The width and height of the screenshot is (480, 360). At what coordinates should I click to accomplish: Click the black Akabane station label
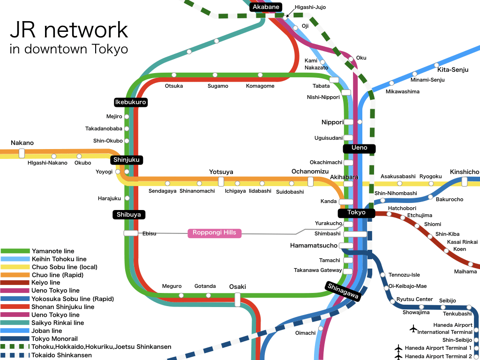(x=266, y=7)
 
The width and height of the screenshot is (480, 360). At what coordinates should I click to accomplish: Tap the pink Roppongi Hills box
(x=215, y=233)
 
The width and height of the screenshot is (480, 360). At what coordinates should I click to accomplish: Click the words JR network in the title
(x=69, y=30)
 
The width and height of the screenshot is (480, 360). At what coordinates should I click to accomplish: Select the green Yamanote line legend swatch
(x=15, y=251)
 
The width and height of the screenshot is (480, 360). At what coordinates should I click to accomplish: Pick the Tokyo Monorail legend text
(x=54, y=339)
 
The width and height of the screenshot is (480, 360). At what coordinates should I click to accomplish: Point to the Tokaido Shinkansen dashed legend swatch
(x=15, y=355)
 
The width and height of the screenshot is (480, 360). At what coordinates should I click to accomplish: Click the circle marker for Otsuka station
(x=174, y=75)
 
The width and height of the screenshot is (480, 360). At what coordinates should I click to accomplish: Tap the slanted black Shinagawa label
(x=343, y=291)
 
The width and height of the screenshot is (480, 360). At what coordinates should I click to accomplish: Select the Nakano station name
(x=22, y=143)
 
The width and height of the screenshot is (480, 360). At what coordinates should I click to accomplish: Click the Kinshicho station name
(x=464, y=172)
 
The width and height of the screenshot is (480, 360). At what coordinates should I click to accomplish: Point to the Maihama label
(x=465, y=271)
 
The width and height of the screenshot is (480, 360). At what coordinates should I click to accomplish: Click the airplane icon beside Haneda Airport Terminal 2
(x=398, y=356)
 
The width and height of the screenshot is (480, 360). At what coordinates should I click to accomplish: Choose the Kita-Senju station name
(x=453, y=70)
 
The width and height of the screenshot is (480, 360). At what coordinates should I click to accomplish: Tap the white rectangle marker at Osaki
(x=237, y=299)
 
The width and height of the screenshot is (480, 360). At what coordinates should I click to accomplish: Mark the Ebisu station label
(x=149, y=233)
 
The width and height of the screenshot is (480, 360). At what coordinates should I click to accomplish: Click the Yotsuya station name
(x=221, y=172)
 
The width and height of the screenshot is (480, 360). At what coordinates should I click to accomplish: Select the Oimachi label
(x=305, y=333)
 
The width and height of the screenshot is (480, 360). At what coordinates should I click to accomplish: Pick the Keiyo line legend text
(x=46, y=283)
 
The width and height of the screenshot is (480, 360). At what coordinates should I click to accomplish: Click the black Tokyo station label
(x=356, y=213)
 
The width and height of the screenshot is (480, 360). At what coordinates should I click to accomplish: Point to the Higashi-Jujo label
(x=310, y=7)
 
